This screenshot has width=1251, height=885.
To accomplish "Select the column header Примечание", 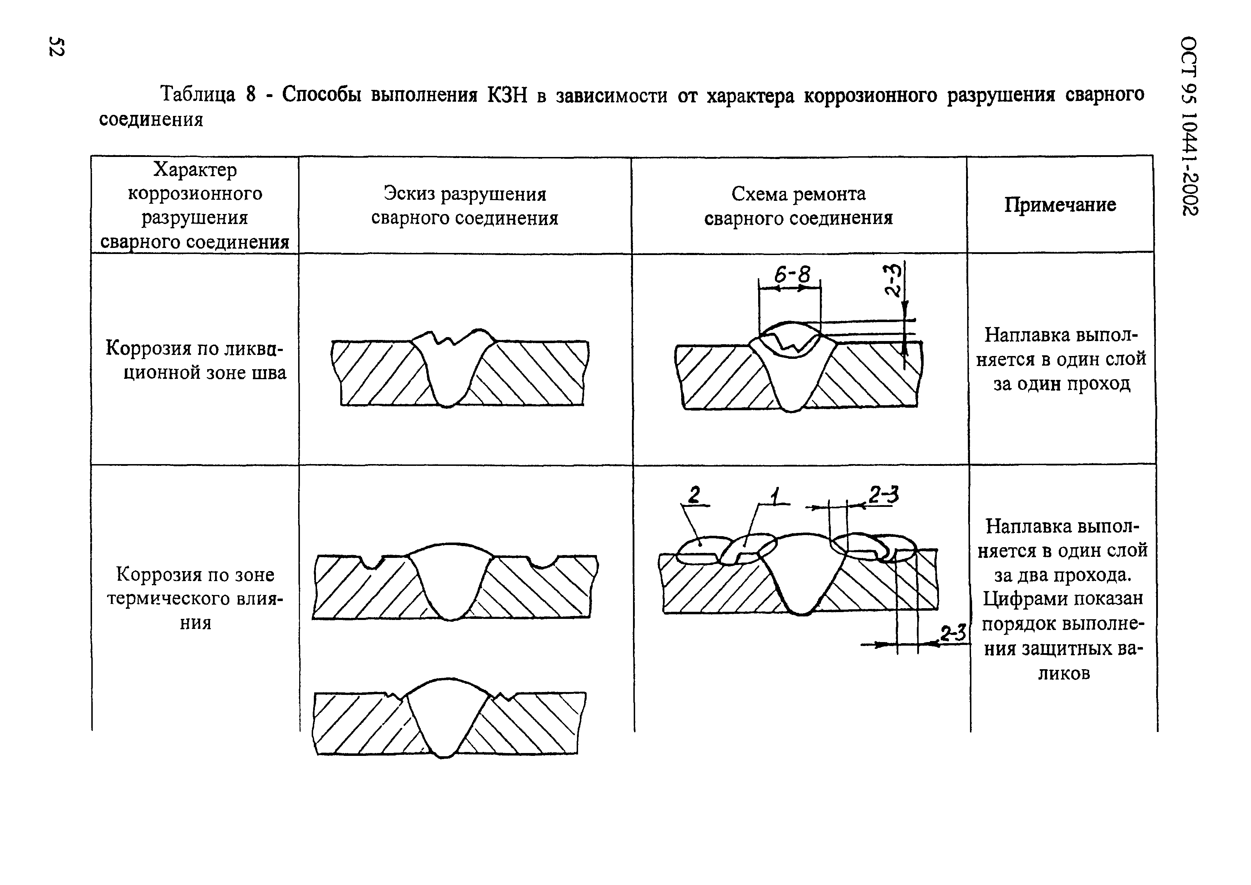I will (1060, 204).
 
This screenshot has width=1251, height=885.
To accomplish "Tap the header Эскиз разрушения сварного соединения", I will (464, 206).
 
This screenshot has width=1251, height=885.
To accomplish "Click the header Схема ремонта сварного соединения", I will (798, 206).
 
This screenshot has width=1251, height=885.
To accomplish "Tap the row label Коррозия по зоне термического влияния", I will (195, 598).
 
